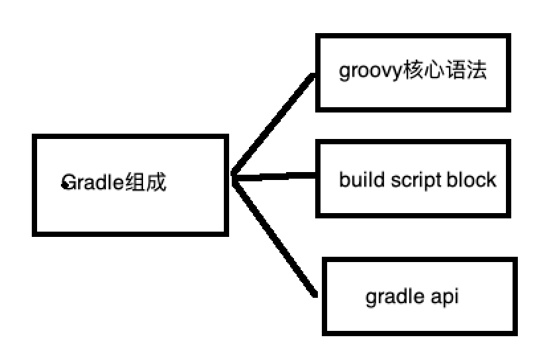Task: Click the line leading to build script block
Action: (275, 177)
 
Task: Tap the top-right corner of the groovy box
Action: (509, 38)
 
